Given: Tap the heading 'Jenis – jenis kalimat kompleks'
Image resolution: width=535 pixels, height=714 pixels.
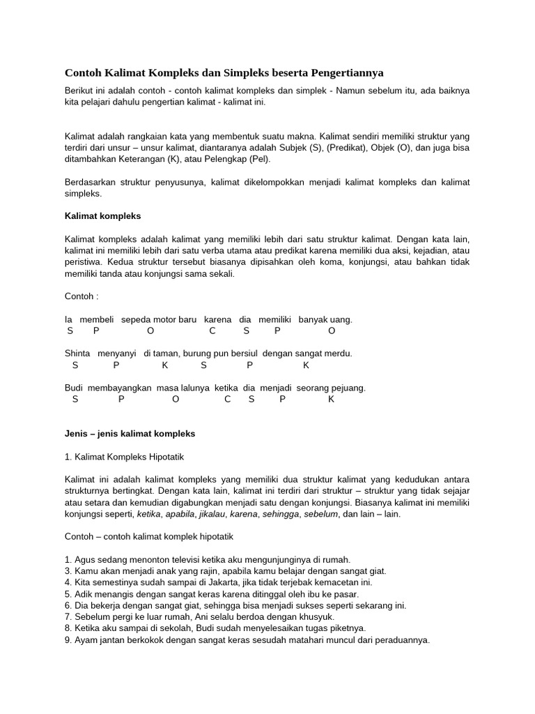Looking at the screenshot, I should [x=130, y=433].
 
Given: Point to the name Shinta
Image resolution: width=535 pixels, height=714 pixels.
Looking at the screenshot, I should [x=78, y=354].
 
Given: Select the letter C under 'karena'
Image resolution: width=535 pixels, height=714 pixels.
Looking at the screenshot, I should [x=212, y=331].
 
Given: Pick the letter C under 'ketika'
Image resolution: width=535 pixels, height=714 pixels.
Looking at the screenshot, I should [x=227, y=400].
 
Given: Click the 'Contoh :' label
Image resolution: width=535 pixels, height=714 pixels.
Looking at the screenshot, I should [x=82, y=296].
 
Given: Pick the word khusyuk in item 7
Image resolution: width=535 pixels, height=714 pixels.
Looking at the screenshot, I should [x=317, y=616].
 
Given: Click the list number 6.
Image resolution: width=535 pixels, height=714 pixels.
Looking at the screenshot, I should [x=68, y=605].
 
